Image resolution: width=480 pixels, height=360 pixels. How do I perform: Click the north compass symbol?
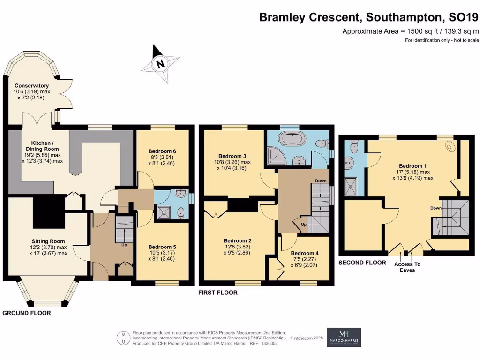pyautogui.click(x=161, y=63)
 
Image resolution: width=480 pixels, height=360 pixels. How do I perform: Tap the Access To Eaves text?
pyautogui.click(x=407, y=267)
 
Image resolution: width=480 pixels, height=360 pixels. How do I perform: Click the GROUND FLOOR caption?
pyautogui.click(x=27, y=313)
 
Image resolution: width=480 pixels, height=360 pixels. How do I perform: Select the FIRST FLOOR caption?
pyautogui.click(x=218, y=292)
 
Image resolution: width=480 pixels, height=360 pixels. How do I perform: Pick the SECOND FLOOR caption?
pyautogui.click(x=362, y=262)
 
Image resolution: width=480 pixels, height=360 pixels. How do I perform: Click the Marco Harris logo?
pyautogui.click(x=344, y=337)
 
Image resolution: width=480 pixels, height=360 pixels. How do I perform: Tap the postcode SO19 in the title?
pyautogui.click(x=464, y=18)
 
